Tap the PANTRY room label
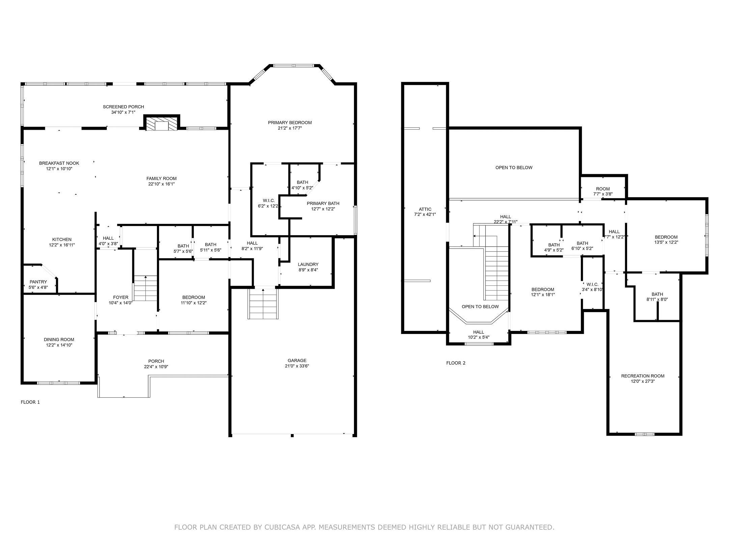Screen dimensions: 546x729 [x=38, y=282]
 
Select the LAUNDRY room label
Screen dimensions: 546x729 [x=308, y=264]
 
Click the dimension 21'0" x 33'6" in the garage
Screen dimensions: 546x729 [x=297, y=366]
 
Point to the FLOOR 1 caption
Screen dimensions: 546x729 [x=30, y=402]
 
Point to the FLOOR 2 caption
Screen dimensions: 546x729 [x=456, y=363]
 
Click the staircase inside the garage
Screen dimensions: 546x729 [x=263, y=304]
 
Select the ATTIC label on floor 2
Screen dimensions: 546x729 [x=425, y=209]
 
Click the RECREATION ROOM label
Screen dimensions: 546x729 [x=643, y=376]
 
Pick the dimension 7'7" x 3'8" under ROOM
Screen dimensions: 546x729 [x=603, y=194]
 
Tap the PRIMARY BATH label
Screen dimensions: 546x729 [x=323, y=203]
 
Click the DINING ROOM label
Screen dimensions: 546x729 [x=59, y=339]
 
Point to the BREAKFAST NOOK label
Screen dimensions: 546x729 [x=59, y=163]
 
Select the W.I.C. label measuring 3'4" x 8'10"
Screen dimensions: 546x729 [x=592, y=284]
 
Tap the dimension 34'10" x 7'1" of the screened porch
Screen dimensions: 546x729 [x=123, y=112]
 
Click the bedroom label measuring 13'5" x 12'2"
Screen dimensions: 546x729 [x=666, y=237]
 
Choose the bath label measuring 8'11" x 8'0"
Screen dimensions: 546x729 [x=657, y=294]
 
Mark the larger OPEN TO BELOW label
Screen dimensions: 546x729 [x=514, y=168]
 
